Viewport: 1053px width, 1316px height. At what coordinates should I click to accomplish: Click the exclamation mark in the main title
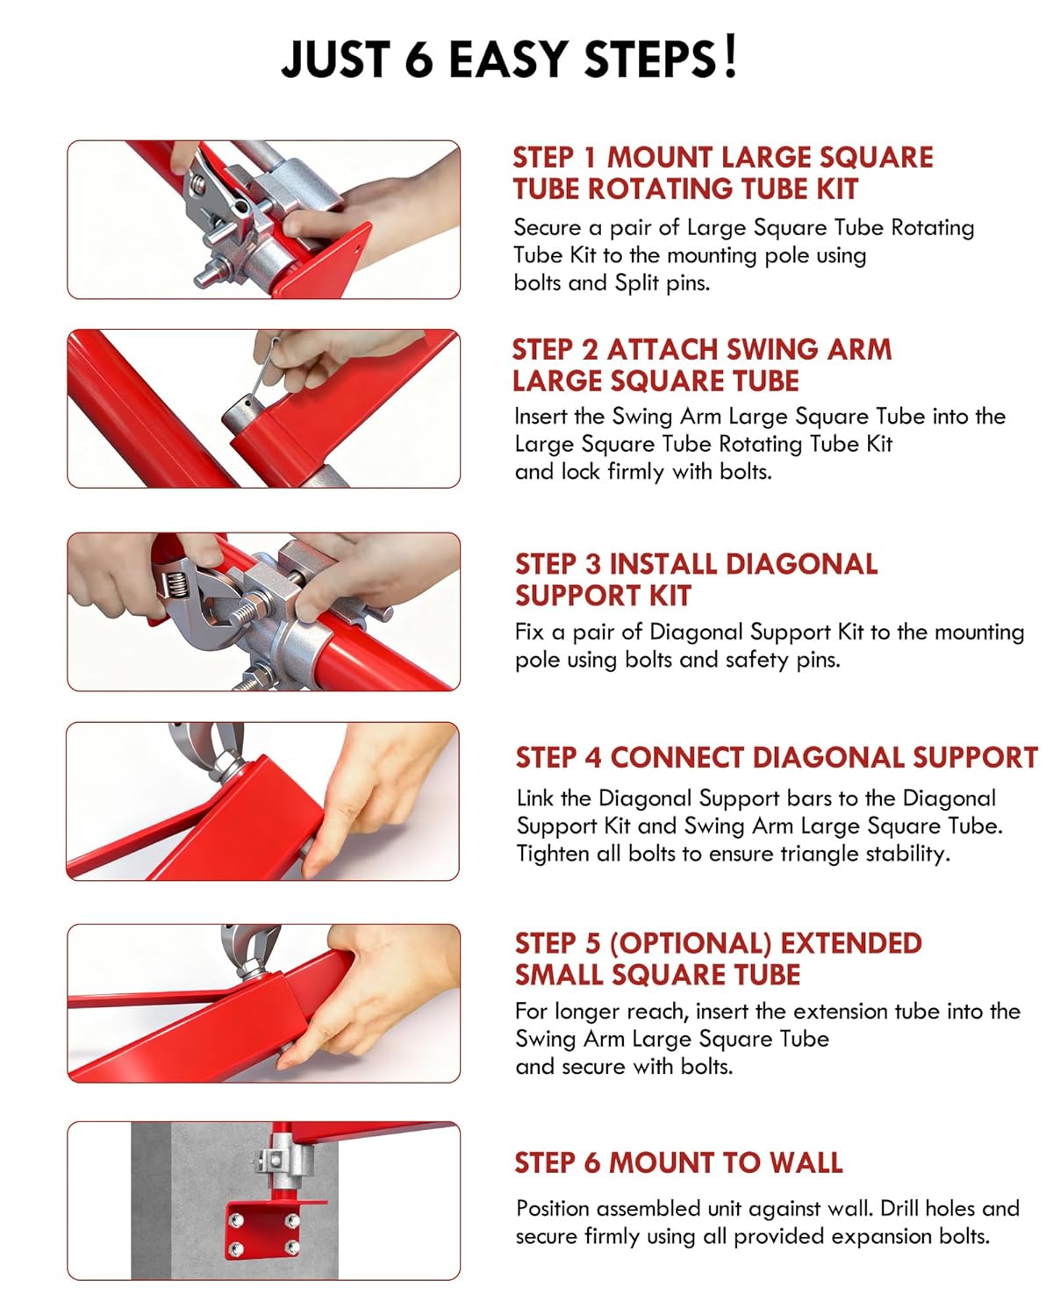pyautogui.click(x=728, y=57)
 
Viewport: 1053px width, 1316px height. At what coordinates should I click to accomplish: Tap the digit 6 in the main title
pyautogui.click(x=419, y=59)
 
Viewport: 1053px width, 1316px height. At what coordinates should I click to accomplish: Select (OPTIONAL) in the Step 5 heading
pyautogui.click(x=691, y=943)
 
